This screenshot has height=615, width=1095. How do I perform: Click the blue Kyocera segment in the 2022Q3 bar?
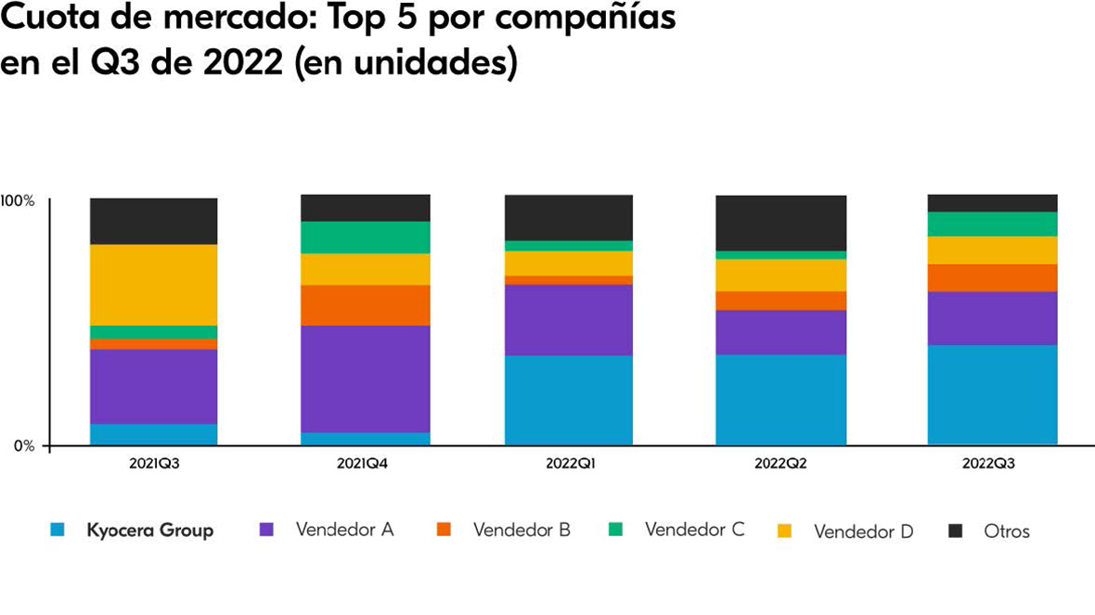993,394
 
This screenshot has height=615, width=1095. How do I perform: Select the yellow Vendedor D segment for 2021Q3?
154,285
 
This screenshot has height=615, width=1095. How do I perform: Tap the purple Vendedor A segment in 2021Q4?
366,378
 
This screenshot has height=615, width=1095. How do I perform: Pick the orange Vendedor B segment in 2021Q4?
366,305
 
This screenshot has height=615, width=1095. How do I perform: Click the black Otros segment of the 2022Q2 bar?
781,223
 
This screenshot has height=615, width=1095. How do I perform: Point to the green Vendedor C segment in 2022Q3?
993,224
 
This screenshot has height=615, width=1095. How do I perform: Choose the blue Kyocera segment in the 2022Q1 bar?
569,400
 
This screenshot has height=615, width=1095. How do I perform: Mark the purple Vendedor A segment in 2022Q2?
781,332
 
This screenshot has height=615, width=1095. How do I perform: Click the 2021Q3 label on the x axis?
154,463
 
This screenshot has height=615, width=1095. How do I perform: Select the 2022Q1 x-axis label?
569,463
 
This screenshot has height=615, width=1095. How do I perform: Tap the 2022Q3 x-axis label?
993,463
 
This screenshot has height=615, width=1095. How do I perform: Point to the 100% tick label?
18,200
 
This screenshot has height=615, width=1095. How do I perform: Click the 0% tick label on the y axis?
23,446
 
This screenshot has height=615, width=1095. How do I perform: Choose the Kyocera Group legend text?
149,531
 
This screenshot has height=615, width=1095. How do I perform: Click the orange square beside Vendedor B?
444,531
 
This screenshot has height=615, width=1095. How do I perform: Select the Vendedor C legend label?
694,531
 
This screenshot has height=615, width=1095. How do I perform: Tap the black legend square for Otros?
956,531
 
